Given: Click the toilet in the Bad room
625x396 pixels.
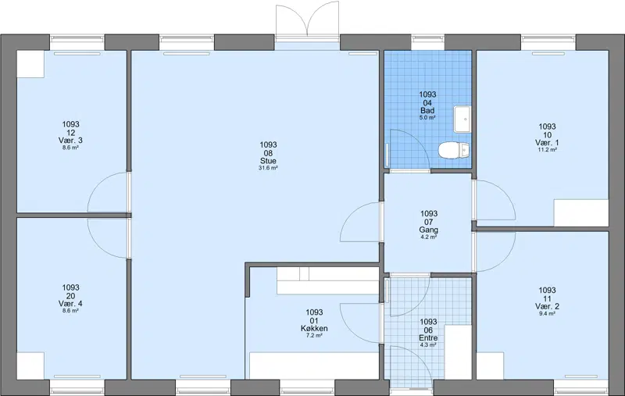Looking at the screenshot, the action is pos(454,150).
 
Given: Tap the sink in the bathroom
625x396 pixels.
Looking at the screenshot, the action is pos(462,120).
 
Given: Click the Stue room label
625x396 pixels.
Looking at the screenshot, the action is pos(268,161).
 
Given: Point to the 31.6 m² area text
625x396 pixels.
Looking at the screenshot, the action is pos(268,168).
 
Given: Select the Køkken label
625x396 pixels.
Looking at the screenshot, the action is pos(314,329).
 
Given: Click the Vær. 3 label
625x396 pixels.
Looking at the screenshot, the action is pos(70,141).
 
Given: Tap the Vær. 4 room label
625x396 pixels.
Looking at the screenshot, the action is pos(70,304).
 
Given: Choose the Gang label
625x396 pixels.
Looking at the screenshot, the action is pos(428,230).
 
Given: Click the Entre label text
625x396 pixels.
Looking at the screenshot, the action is pos(428,338).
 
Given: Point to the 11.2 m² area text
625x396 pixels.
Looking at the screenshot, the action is pos(548,150).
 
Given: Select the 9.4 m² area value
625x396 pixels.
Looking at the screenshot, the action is pos(548,313).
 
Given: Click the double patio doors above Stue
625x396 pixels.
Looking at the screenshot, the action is pos(307,21).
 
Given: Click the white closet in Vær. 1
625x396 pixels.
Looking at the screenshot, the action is pos(581,213).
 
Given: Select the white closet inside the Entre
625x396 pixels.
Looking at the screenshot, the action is pos(458,352).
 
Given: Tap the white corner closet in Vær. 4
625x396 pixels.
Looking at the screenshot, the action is pos(30,366).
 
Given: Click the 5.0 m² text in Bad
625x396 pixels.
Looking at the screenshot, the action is pos(427,118).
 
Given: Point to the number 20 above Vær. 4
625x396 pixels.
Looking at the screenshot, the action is pos(70,296).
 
